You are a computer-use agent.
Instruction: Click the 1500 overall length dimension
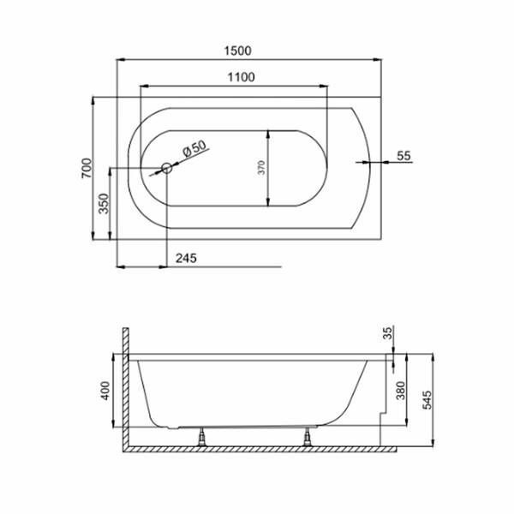point(238,51)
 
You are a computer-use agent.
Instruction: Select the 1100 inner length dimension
point(241,77)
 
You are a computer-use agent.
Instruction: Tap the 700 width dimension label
point(87,168)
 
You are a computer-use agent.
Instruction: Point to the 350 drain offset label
point(104,203)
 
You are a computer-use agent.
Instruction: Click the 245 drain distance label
point(186,259)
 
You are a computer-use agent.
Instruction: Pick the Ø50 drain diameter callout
point(194,149)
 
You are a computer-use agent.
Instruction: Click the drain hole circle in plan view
point(167,168)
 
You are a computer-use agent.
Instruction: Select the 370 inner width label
point(261,168)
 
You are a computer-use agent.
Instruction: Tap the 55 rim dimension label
point(403,156)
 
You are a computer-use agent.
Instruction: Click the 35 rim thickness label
point(388,333)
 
